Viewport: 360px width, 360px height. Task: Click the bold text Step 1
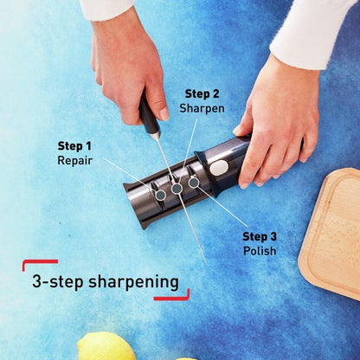coord(74,145)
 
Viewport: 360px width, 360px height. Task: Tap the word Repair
coord(74,160)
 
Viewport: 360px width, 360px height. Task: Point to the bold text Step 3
coord(259,236)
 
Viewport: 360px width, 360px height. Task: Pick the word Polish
coord(260,251)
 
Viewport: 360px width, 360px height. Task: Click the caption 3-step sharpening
coord(105,281)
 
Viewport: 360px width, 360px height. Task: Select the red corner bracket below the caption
coord(173,297)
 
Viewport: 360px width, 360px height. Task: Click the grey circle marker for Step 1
coord(161,196)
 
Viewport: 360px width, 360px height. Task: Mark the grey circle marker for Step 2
coord(177,188)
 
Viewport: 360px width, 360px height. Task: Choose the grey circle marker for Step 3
coord(194,183)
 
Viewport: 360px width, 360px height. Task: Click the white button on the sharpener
coord(221,167)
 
